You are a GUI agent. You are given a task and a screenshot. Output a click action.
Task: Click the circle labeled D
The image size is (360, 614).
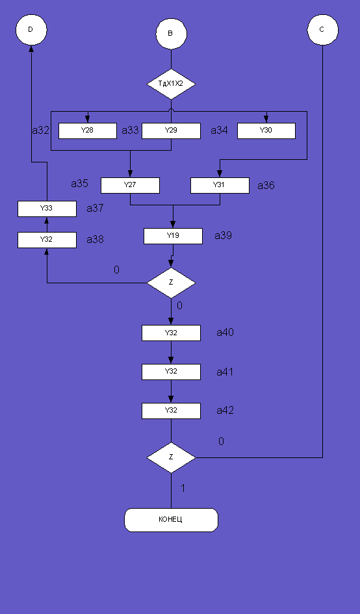coord(31,30)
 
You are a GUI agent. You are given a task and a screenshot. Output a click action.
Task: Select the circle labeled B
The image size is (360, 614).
coord(171,34)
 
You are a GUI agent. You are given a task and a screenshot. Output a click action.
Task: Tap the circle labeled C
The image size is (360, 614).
coord(322,30)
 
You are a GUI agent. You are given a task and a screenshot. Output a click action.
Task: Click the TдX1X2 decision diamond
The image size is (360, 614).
coord(171,84)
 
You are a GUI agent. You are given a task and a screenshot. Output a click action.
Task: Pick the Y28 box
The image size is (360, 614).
coord(88,131)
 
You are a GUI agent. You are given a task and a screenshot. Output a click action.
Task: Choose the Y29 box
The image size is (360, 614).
coord(171,131)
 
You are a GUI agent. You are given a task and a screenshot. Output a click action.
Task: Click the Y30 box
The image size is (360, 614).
coord(266,131)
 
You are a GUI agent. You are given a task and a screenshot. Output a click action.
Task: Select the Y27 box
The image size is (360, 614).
coord(130,185)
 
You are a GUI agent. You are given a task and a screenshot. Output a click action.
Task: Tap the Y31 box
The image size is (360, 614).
coord(220,185)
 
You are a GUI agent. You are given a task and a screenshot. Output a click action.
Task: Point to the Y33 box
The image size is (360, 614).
coord(47,209)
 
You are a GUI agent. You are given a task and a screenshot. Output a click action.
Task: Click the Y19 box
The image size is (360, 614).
coord(173,236)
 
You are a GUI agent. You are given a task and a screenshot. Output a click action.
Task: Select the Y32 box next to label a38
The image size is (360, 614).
coord(47,240)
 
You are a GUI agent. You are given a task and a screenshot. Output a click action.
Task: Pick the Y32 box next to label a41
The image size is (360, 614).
coord(171,372)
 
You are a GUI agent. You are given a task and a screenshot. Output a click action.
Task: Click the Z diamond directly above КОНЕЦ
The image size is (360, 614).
coord(171,457)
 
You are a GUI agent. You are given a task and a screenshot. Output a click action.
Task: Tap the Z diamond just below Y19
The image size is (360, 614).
coord(171,283)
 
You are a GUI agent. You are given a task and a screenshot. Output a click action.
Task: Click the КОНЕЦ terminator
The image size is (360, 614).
coord(171,520)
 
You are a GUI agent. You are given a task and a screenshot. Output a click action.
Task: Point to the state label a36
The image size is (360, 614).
coord(266,186)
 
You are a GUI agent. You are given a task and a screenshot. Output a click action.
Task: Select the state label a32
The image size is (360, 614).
coord(41,131)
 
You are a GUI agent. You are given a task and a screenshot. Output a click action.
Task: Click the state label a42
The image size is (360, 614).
coord(225,411)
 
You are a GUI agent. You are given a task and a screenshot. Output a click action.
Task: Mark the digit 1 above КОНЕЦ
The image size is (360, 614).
coord(183,489)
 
